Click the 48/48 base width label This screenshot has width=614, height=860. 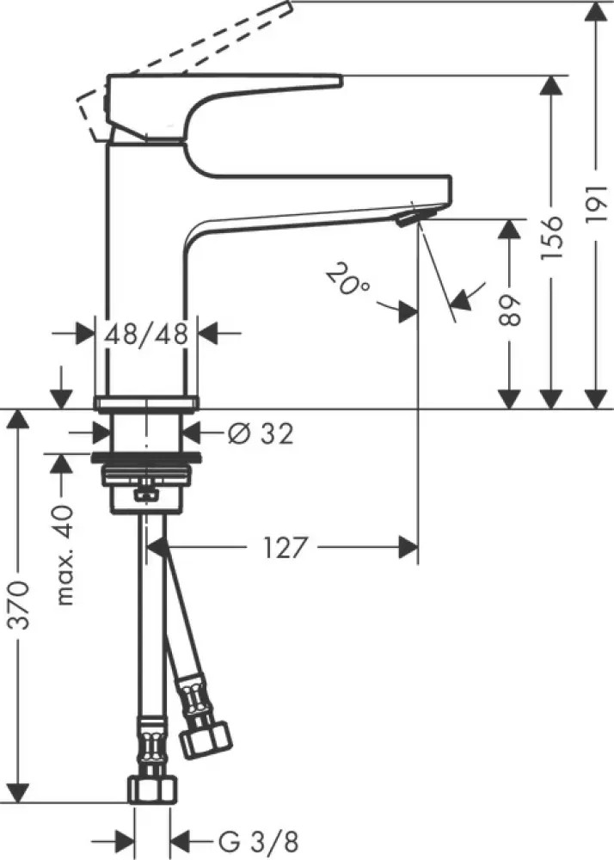pos(146,334)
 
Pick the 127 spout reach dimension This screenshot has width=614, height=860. pos(280,547)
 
